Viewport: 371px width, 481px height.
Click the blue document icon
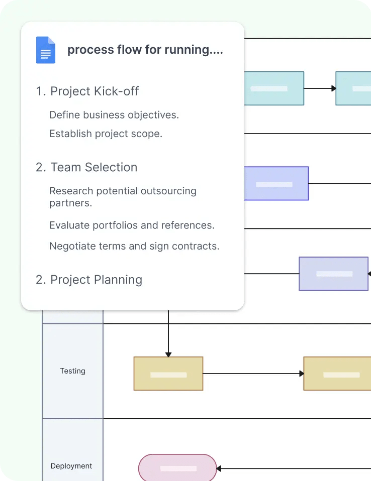[46, 50]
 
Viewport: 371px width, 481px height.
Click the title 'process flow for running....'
[145, 50]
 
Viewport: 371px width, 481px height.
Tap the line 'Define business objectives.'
[114, 115]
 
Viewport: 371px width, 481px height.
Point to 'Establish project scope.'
[106, 134]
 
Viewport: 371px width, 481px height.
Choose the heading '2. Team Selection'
[86, 167]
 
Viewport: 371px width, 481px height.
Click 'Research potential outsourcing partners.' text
[123, 197]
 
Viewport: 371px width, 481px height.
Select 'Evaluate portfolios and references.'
[132, 225]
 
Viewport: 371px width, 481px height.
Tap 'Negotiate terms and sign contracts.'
[134, 247]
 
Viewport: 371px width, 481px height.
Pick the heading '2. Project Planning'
[89, 280]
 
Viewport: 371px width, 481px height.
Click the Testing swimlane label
[73, 371]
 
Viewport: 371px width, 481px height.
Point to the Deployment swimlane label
[71, 466]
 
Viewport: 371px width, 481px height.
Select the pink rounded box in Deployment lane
[177, 468]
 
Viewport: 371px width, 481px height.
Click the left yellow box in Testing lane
[168, 374]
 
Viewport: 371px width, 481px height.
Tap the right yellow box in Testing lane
[337, 374]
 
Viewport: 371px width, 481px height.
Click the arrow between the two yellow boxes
[253, 374]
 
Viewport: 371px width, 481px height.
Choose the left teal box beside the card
[274, 88]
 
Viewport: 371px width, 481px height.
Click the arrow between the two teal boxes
[320, 88]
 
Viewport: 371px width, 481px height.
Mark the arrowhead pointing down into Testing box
[168, 353]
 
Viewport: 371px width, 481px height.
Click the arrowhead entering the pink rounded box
[220, 468]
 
